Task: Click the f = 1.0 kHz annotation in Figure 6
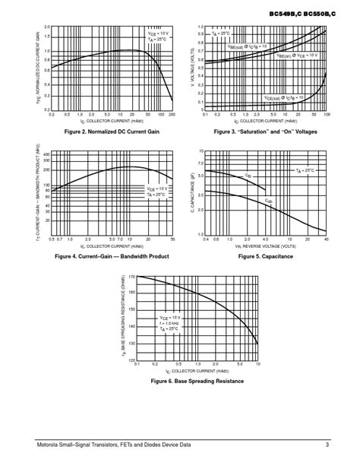170,323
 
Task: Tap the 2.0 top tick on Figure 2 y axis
46,27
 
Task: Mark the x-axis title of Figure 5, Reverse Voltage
266,246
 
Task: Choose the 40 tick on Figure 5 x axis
326,240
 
